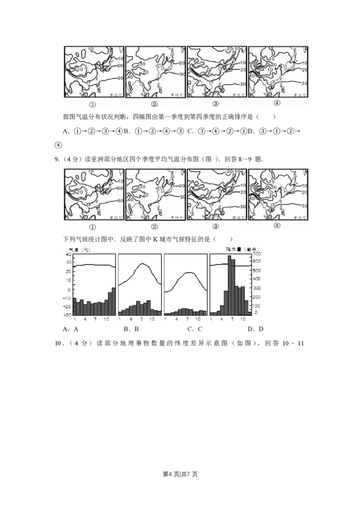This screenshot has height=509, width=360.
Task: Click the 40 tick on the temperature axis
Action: [x=68, y=254]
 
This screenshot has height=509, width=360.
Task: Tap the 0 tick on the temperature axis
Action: [x=69, y=289]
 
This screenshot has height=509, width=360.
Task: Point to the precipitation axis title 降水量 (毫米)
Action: [x=242, y=248]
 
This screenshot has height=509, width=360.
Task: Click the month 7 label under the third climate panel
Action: [x=187, y=319]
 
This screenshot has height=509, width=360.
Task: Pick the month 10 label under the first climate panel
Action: [x=106, y=319]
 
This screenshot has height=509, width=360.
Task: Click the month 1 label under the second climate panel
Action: [x=120, y=319]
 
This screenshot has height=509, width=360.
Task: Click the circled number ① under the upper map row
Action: [x=92, y=105]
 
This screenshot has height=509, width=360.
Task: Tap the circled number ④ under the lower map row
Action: [x=276, y=226]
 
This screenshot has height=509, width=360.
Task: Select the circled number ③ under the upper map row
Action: [x=216, y=104]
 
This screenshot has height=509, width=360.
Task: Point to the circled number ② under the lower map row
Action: [x=154, y=227]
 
